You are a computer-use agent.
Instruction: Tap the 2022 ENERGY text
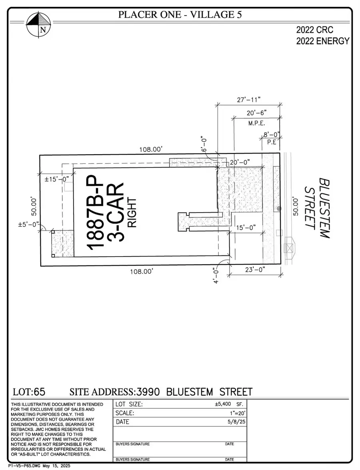click(322, 41)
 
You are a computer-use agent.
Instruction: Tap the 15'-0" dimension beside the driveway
click(246, 228)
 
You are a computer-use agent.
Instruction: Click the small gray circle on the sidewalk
click(279, 209)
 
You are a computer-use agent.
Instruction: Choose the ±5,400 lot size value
click(224, 404)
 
